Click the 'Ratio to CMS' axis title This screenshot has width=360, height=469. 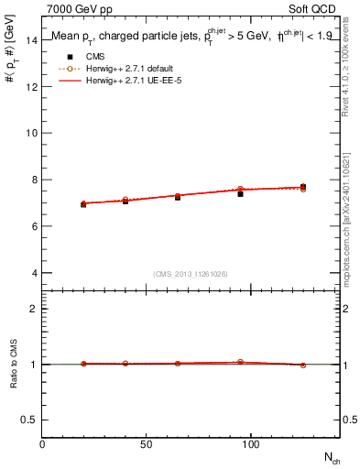14,364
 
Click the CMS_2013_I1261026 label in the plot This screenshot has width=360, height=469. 191,274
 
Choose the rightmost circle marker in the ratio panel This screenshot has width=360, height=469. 303,365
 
